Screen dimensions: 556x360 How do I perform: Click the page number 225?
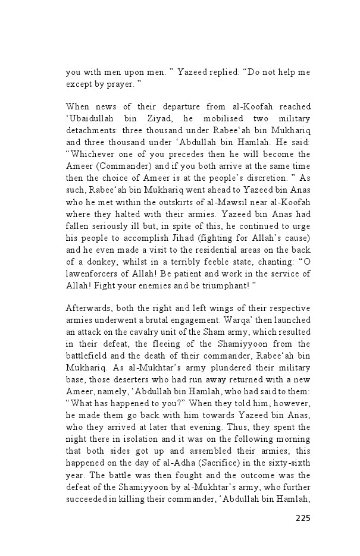(302, 517)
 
